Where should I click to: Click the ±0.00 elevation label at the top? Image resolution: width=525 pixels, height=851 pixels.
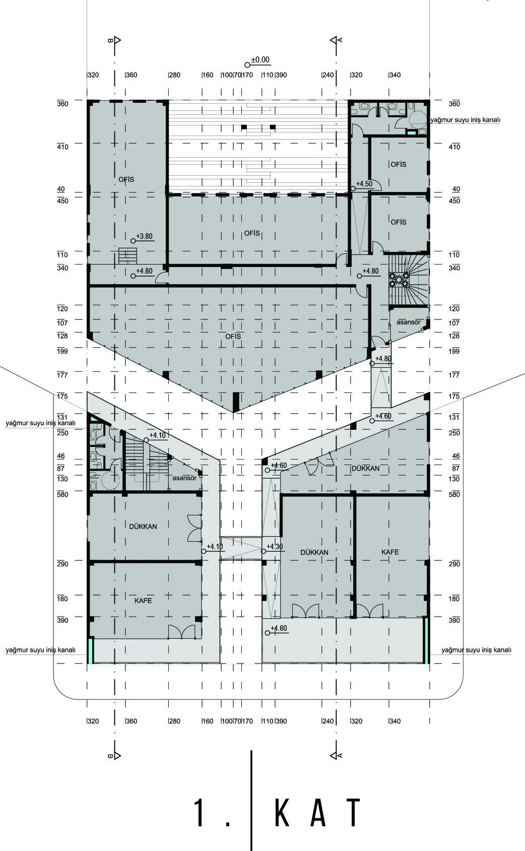tap(260, 60)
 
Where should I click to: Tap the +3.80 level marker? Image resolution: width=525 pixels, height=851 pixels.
tap(145, 236)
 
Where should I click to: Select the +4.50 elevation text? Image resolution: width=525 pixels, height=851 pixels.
tap(364, 184)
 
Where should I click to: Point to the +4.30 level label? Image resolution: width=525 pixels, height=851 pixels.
tap(275, 547)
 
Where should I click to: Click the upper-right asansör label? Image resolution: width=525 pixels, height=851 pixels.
tap(409, 322)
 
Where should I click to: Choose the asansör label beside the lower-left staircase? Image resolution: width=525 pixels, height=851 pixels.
tap(184, 478)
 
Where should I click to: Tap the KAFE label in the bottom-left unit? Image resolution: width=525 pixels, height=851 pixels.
tap(143, 601)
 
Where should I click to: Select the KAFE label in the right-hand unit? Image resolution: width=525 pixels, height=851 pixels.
tap(390, 552)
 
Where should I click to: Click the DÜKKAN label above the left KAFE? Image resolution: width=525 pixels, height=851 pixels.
tap(143, 527)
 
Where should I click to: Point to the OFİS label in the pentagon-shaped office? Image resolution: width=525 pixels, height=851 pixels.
tap(233, 337)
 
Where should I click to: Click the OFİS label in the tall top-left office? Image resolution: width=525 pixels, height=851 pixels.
tap(126, 179)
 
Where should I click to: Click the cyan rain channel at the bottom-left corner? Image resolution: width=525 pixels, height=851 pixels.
tap(90, 651)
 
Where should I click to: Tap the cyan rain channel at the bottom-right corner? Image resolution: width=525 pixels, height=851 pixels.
tap(426, 641)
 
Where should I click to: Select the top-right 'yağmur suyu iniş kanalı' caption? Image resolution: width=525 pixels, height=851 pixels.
tap(466, 120)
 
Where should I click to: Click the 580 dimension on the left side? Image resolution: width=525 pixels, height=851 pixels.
tap(62, 494)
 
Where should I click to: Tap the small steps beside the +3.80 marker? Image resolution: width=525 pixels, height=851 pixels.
tap(127, 255)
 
